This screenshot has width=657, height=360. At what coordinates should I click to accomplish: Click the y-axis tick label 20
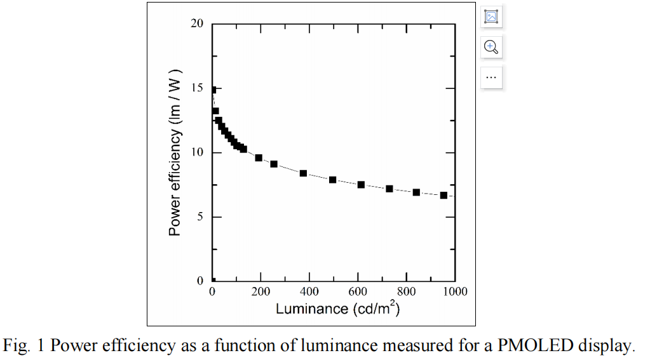[197, 24]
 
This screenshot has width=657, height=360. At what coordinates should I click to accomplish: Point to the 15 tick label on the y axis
[197, 88]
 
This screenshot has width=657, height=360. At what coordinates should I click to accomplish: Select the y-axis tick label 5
[200, 217]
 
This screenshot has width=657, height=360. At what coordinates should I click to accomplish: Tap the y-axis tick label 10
[197, 152]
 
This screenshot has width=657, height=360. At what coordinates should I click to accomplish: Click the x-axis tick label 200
[261, 292]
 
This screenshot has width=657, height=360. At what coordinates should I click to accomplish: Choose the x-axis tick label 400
[309, 292]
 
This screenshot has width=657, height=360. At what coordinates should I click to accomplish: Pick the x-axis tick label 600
[358, 292]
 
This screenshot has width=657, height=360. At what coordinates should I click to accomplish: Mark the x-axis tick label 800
[406, 292]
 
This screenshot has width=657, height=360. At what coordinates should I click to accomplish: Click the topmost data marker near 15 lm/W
[213, 90]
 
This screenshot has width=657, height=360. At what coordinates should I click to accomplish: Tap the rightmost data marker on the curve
[444, 195]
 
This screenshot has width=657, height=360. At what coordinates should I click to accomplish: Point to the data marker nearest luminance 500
[332, 180]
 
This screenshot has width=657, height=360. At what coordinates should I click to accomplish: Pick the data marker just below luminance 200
[259, 157]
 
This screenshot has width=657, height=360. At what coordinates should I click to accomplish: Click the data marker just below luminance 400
[303, 173]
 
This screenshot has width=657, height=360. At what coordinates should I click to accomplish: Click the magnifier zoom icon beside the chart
[491, 46]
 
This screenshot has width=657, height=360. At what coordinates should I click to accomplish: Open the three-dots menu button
[491, 77]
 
